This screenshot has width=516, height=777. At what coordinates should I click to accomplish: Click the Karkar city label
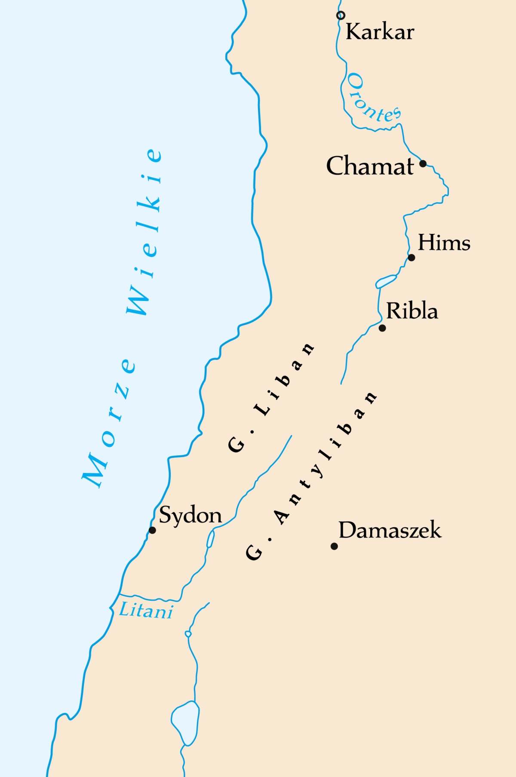click(x=380, y=32)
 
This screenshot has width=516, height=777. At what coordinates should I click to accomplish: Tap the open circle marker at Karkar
click(x=341, y=15)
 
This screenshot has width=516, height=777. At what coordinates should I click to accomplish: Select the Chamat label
click(x=370, y=166)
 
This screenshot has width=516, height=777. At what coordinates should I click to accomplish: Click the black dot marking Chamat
click(x=423, y=163)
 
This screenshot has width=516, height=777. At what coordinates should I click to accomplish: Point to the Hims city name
click(x=444, y=243)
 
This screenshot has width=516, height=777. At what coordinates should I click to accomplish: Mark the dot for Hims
click(x=412, y=258)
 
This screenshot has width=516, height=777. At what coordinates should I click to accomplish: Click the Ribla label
click(x=412, y=310)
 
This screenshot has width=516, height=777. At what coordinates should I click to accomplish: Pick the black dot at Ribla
click(x=382, y=328)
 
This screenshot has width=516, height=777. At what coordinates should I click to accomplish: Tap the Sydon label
click(x=190, y=515)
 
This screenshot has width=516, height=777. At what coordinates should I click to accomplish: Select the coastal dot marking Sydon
click(x=152, y=530)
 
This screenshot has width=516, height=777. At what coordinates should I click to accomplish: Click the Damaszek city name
click(x=390, y=530)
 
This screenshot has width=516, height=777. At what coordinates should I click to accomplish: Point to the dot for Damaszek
click(x=334, y=546)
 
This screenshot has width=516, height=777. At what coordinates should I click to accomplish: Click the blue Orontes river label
click(x=372, y=98)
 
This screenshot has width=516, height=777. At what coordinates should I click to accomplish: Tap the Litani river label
click(x=146, y=610)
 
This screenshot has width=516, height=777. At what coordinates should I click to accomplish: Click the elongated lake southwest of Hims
click(x=386, y=281)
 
